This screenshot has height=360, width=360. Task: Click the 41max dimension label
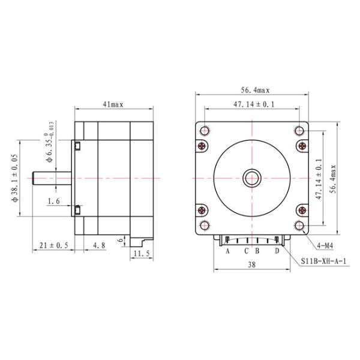113,104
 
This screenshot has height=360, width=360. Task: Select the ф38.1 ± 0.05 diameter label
14,178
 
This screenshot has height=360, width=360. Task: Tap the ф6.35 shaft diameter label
50,142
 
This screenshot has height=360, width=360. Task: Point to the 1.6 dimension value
54,202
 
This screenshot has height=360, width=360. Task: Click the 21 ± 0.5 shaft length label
54,245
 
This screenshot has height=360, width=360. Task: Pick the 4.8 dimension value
99,245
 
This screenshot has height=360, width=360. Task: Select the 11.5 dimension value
142,254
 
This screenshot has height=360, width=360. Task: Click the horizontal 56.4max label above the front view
255,90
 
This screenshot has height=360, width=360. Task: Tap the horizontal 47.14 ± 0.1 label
254,104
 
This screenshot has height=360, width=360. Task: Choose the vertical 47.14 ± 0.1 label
319,179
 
